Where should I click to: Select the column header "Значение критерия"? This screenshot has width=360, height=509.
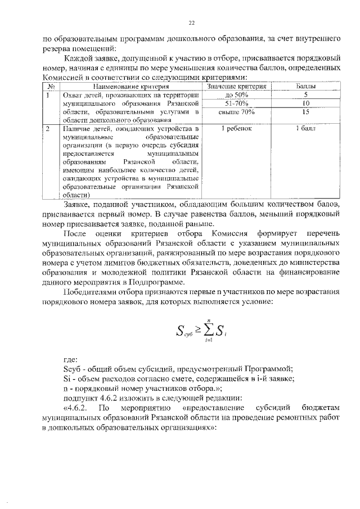236,87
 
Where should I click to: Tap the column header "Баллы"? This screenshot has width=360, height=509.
305,87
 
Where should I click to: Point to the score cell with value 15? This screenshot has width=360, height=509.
305,112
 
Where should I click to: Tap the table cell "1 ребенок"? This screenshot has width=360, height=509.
236,129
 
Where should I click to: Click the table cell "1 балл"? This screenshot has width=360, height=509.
305,129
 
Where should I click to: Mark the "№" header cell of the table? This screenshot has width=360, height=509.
51,87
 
